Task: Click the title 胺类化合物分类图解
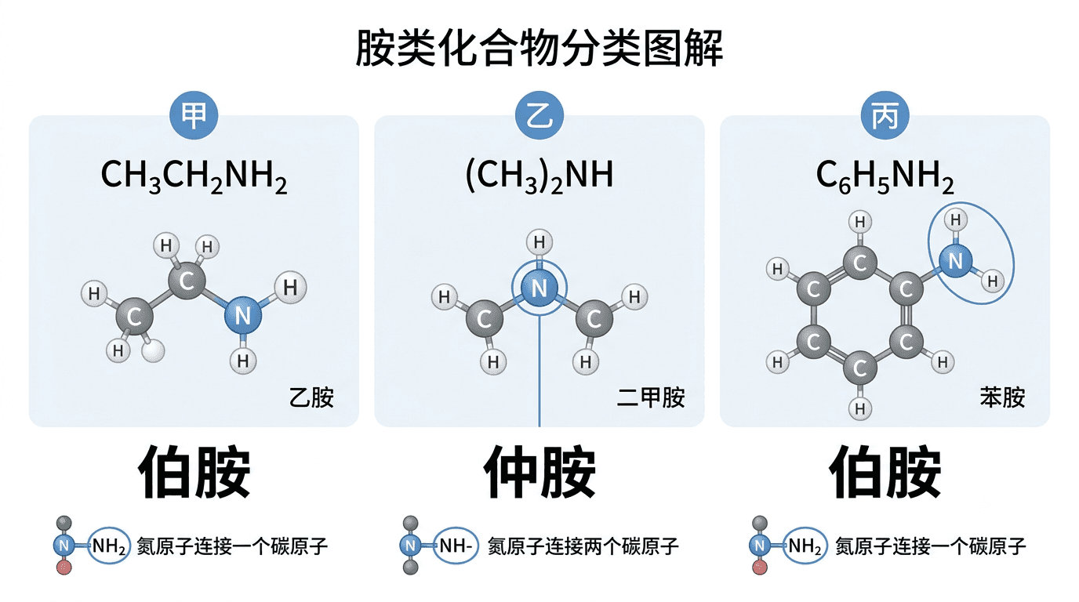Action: (x=539, y=48)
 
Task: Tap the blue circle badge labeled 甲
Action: (x=194, y=115)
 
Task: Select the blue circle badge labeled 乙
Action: (x=539, y=115)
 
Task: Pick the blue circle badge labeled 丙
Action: (x=885, y=115)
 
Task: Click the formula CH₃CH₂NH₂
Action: (x=194, y=176)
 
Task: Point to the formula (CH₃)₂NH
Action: (x=539, y=176)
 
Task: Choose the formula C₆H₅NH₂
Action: (x=885, y=176)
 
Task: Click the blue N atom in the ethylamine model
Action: (x=243, y=315)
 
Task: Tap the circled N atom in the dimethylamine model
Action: (x=539, y=288)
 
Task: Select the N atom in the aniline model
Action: (x=956, y=261)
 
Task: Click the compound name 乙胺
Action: (x=311, y=397)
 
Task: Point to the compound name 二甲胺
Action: (x=651, y=397)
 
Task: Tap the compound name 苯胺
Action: (x=1002, y=397)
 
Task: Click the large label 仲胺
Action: (x=539, y=472)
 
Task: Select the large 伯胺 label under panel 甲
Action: (x=194, y=472)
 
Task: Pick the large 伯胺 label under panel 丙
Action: (x=885, y=472)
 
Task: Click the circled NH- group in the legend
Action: (x=455, y=546)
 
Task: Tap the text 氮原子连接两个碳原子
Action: (x=583, y=546)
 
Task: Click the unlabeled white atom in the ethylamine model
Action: (x=153, y=350)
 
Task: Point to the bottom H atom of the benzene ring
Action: (x=859, y=409)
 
